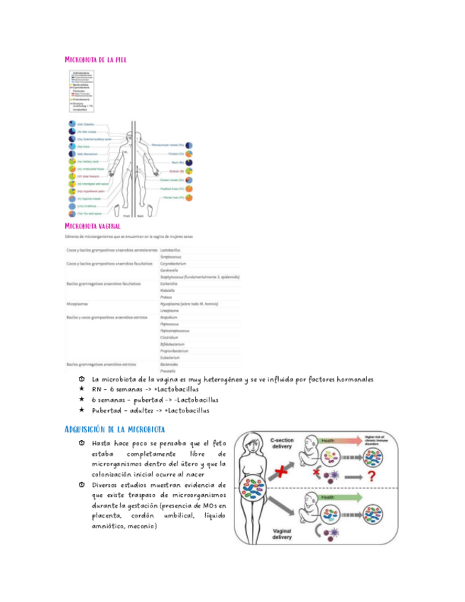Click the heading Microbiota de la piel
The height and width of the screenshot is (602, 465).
[x=95, y=60]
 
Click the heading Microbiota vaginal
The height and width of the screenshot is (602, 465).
[x=94, y=226]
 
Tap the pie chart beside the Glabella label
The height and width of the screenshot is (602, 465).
[x=72, y=124]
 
